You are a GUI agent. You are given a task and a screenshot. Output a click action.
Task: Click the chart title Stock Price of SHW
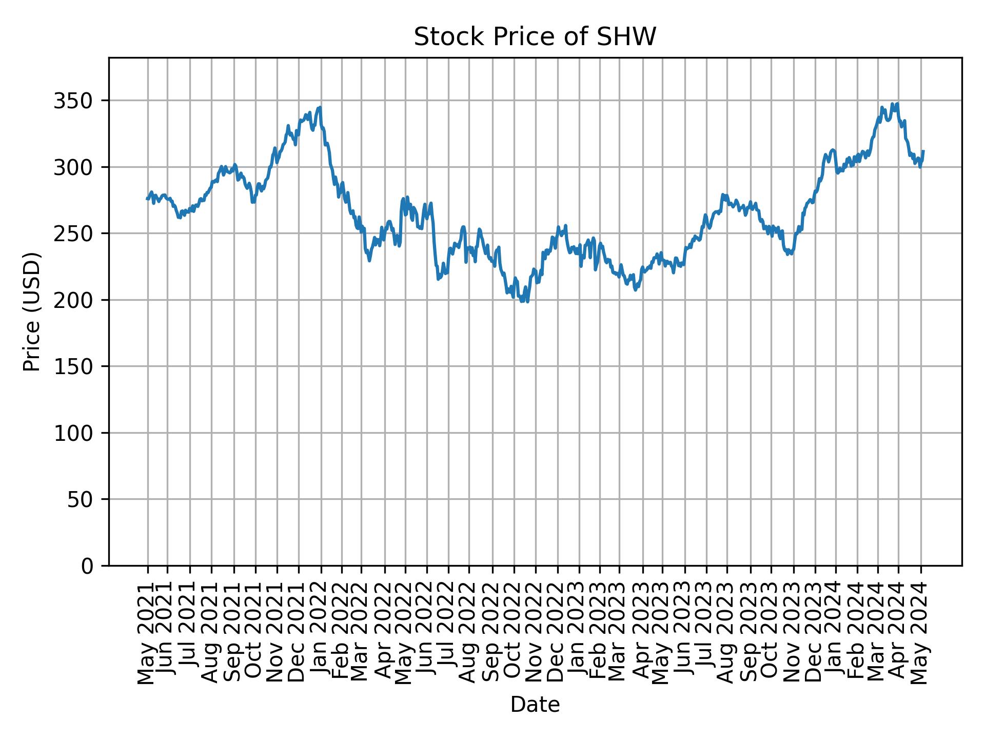(535, 37)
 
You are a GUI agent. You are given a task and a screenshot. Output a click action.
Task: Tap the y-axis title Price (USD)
(32, 312)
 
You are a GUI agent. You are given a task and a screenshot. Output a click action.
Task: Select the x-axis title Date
(535, 705)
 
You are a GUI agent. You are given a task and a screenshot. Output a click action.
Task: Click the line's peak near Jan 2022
(320, 107)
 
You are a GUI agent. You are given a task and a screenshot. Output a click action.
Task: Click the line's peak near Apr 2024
(897, 103)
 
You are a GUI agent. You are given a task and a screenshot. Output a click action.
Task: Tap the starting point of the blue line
(147, 199)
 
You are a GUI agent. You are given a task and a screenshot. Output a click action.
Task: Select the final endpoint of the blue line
(923, 151)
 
